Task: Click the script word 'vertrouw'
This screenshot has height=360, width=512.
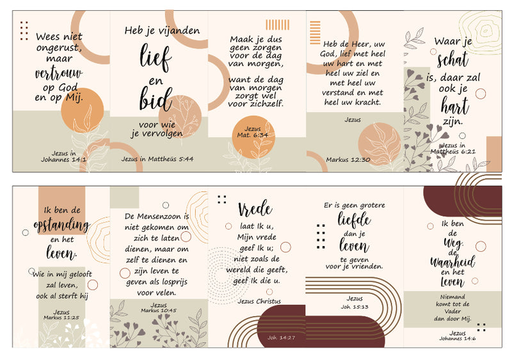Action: (59, 74)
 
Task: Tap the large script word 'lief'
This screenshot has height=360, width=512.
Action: (156, 58)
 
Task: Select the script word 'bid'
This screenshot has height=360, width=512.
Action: (156, 99)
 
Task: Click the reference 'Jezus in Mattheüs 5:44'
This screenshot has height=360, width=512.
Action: (157, 159)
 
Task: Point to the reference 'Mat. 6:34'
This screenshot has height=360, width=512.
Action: (252, 135)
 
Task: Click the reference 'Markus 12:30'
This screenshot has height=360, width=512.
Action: (348, 160)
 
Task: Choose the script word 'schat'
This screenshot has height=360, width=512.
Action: (453, 60)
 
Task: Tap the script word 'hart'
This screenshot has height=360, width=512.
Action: (455, 106)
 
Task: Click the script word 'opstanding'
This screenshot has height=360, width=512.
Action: (61, 225)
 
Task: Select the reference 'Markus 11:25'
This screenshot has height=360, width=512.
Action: (61, 318)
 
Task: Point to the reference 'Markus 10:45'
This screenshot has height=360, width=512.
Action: (159, 310)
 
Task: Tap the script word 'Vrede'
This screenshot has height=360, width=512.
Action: (255, 209)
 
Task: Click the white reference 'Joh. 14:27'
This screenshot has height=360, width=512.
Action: (281, 338)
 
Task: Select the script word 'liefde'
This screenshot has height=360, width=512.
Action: (355, 219)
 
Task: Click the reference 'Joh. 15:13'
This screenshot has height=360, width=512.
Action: (355, 307)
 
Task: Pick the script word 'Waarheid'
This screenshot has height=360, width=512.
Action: (452, 261)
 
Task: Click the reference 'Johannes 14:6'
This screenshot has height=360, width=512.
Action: (457, 339)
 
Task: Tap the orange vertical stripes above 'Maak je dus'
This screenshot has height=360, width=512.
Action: (278, 25)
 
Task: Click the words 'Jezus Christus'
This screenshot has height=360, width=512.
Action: (259, 301)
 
